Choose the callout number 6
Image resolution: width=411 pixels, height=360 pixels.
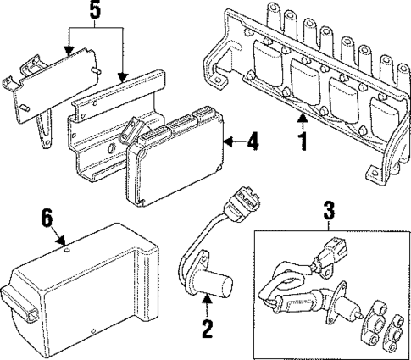(47, 219)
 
